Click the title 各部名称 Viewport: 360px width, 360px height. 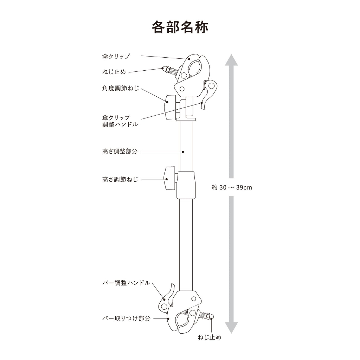pyautogui.click(x=180, y=27)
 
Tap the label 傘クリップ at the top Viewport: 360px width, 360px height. pyautogui.click(x=116, y=56)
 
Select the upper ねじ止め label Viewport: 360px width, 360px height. pyautogui.click(x=114, y=72)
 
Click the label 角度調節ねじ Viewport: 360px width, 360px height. pyautogui.click(x=121, y=88)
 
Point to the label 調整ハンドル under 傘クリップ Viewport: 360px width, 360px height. pyautogui.click(x=120, y=124)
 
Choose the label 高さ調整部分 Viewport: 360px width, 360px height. pyautogui.click(x=120, y=151)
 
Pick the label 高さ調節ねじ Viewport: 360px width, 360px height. pyautogui.click(x=120, y=179)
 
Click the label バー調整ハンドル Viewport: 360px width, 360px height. pyautogui.click(x=126, y=283)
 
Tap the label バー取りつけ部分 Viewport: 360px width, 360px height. pyautogui.click(x=126, y=318)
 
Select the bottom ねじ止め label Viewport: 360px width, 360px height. pyautogui.click(x=210, y=337)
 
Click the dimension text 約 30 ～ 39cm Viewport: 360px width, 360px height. pyautogui.click(x=232, y=187)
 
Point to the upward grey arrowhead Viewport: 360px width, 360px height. pyautogui.click(x=231, y=60)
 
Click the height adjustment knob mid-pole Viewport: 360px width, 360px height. pyautogui.click(x=169, y=178)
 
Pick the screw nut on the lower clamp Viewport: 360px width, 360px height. pyautogui.click(x=210, y=317)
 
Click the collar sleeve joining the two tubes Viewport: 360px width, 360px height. pyautogui.click(x=186, y=185)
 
